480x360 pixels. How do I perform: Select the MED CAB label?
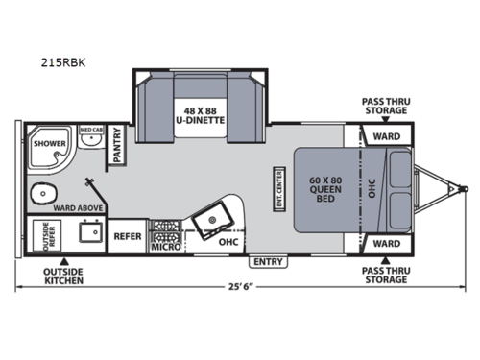click(91, 130)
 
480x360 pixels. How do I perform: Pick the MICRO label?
click(165, 247)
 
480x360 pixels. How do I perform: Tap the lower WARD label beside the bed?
click(386, 243)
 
